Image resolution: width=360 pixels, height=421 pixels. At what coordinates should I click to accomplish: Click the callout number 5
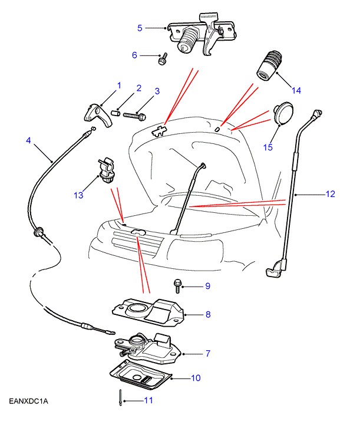pyautogui.click(x=140, y=28)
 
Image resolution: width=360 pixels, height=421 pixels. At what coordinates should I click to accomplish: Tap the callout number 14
pyautogui.click(x=296, y=90)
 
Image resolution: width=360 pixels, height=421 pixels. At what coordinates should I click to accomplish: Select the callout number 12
pyautogui.click(x=330, y=194)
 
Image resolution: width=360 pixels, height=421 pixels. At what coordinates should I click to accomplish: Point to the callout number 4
pyautogui.click(x=28, y=140)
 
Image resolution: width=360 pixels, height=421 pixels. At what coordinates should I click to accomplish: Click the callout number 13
pyautogui.click(x=79, y=195)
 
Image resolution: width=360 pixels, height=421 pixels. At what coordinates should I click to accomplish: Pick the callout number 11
pyautogui.click(x=148, y=400)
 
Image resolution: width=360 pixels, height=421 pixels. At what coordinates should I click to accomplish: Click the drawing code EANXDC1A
pyautogui.click(x=28, y=402)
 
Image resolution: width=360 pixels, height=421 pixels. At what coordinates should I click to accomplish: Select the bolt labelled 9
pyautogui.click(x=177, y=286)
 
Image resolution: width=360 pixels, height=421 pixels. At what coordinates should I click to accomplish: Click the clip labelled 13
pyautogui.click(x=105, y=170)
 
